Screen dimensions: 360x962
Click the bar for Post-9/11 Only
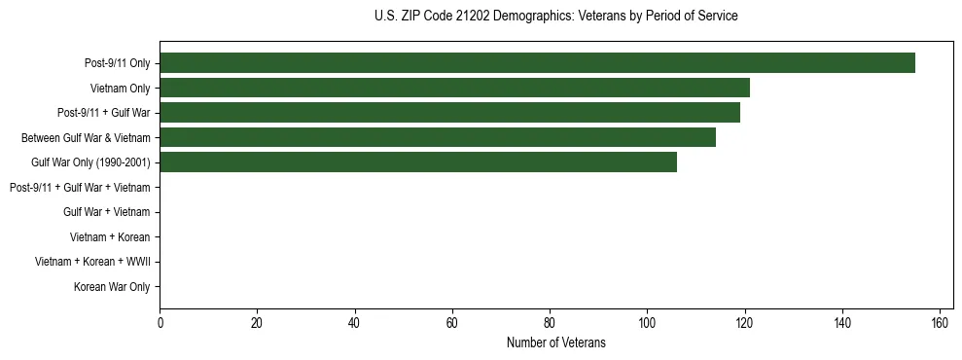click(537, 63)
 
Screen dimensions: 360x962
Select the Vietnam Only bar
click(454, 89)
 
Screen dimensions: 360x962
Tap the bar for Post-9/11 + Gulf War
click(449, 113)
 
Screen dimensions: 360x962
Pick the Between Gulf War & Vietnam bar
click(438, 138)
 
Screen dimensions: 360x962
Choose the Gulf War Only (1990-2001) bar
click(418, 162)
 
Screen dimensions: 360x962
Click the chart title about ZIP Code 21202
click(555, 17)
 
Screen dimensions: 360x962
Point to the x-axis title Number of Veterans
click(555, 342)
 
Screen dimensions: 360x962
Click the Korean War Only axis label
click(112, 287)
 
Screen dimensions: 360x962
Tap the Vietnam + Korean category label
click(110, 236)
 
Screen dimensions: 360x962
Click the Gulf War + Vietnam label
click(106, 212)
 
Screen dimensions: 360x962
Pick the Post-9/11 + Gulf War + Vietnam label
click(80, 187)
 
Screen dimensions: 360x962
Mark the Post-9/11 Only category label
click(118, 63)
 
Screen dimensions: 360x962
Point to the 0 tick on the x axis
click(160, 323)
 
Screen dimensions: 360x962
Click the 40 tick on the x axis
click(354, 323)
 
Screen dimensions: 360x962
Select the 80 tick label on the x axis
click(550, 323)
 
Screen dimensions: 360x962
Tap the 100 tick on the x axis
click(647, 323)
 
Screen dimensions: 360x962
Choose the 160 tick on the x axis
click(940, 323)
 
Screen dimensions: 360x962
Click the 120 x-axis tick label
click(744, 323)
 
